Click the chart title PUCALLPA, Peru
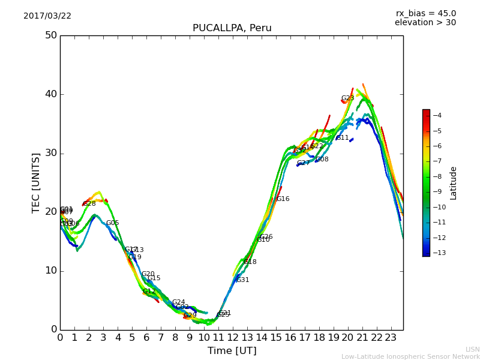[232, 28]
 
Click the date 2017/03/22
[47, 16]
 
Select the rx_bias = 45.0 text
[425, 13]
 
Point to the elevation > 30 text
[425, 23]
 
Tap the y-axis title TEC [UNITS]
[36, 182]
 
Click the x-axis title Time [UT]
[232, 351]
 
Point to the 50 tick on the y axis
[50, 35]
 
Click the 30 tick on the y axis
[50, 153]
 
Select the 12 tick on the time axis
[233, 337]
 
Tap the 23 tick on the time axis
[391, 337]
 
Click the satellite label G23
[347, 98]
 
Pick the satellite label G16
[283, 199]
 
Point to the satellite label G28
[89, 204]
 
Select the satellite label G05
[112, 223]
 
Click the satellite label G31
[242, 280]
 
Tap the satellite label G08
[322, 160]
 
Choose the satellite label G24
[178, 302]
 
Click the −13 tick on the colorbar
[437, 253]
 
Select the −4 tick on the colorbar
[437, 115]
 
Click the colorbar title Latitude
[454, 182]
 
